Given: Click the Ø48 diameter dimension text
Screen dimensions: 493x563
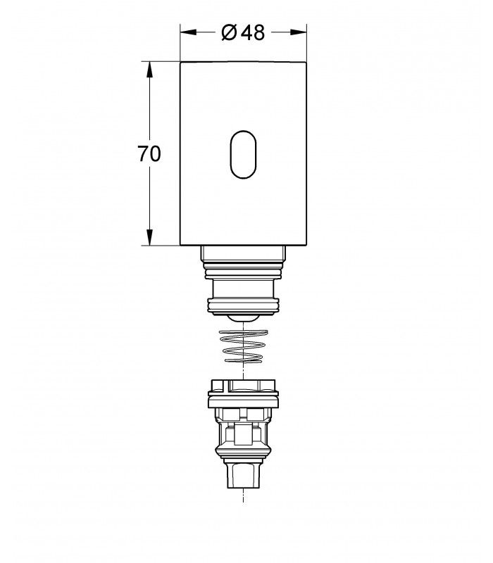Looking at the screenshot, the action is click(243, 32).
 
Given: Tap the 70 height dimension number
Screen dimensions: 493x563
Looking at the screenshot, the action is click(149, 153).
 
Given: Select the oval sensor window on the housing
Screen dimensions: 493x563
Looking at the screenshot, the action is click(243, 154).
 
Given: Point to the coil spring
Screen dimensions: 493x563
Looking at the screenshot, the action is click(243, 346).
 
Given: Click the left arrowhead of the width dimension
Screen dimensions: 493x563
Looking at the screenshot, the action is click(189, 32).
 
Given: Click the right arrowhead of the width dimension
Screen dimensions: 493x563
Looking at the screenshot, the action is click(298, 32).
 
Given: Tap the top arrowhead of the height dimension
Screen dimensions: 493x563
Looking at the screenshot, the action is click(149, 70).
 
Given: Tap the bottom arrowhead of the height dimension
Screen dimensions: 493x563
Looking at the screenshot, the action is click(149, 237).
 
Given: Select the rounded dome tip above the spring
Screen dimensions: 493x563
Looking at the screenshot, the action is click(243, 319).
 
